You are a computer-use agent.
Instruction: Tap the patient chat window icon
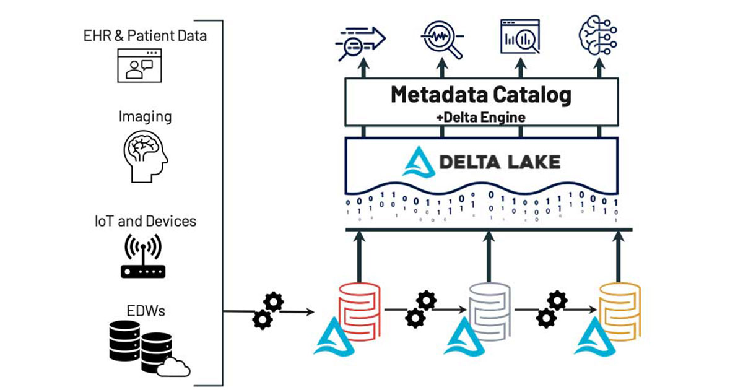click(144, 66)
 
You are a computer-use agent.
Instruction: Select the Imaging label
click(146, 116)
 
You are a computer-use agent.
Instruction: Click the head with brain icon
click(145, 157)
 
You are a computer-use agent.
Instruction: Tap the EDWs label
click(144, 311)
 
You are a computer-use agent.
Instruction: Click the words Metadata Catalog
click(480, 95)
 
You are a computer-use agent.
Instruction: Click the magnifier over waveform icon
click(441, 38)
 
